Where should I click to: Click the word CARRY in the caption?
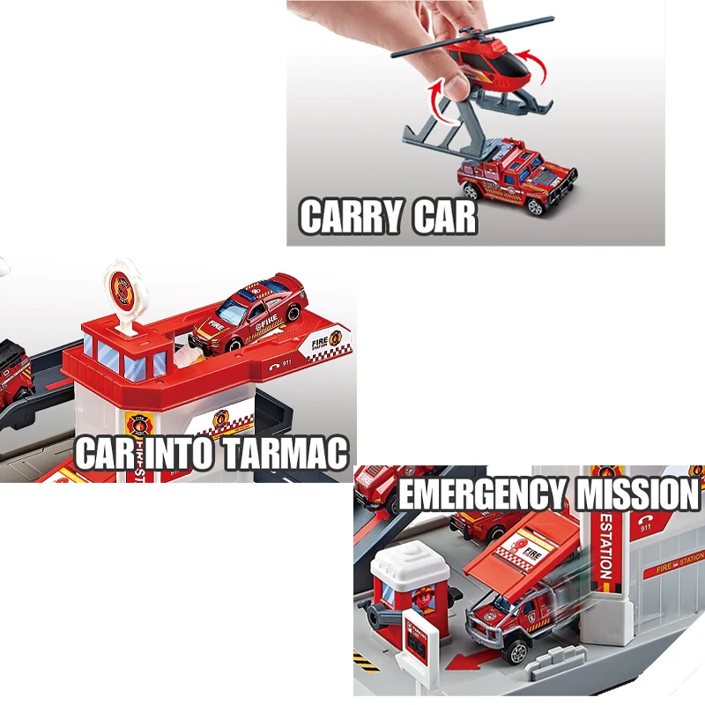[x=341, y=217]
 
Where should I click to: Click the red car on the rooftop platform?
[x=249, y=313]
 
